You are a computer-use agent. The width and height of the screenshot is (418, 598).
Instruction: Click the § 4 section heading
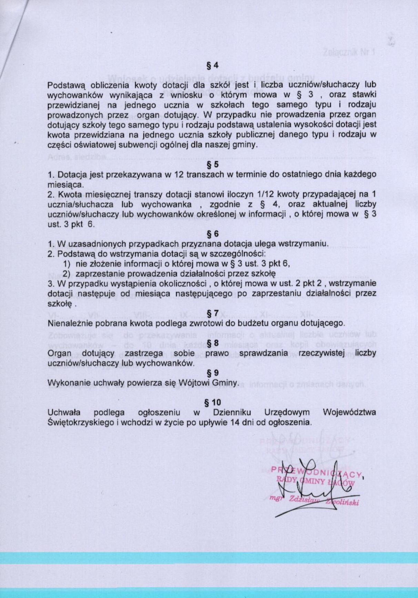(212, 65)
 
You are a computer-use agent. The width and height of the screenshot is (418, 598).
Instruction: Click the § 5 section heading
(212, 164)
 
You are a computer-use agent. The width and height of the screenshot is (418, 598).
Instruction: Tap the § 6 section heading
(212, 234)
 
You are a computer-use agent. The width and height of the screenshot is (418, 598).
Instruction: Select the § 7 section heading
(212, 313)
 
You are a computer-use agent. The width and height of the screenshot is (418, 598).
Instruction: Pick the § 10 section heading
(212, 402)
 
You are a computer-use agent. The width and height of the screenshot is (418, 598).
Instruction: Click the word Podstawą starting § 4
(63, 85)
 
